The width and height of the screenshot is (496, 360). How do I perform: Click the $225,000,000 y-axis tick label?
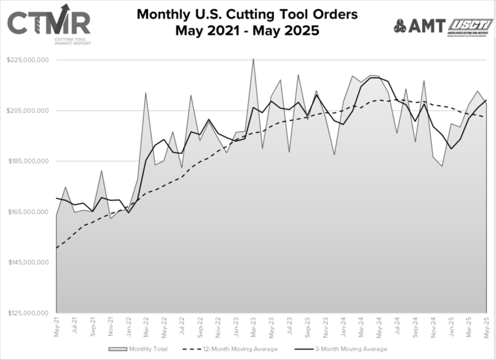pos(29,60)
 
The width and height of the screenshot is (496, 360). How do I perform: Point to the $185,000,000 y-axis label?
pos(29,161)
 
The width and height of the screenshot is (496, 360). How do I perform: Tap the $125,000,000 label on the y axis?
pos(29,313)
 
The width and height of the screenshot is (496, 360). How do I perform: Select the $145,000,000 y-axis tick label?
pos(29,262)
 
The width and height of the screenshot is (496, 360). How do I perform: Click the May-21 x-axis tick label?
pos(57,326)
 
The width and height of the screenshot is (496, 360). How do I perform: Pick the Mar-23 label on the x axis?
pos(254,326)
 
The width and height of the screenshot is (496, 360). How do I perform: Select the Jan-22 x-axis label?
pos(129,326)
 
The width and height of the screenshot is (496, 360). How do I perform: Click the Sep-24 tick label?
pos(415,326)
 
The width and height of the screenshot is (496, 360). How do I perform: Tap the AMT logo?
pos(419,26)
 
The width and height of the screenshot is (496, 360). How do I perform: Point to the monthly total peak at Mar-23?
pos(253,59)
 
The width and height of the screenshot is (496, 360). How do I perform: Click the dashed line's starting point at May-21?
pos(57,248)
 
